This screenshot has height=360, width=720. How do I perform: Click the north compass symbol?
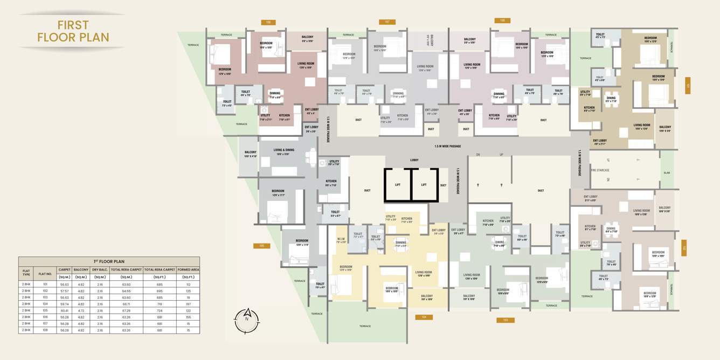pos(247,321)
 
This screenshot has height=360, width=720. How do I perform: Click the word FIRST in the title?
pos(73,25)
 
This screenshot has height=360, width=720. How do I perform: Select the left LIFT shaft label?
pos(398,185)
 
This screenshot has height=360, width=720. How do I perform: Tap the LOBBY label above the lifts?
pos(414,160)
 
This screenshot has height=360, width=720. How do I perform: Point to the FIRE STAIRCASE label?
pos(600,170)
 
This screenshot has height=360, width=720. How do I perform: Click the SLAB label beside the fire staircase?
pos(667,173)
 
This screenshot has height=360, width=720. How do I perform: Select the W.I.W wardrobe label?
pos(341,240)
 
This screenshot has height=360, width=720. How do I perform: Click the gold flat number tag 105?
pos(261,246)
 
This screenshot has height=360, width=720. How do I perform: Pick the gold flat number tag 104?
pos(424,317)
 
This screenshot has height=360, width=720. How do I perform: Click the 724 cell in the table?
pos(160,310)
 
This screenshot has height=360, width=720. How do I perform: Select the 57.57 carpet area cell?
pos(65,290)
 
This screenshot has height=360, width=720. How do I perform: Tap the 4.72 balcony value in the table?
pos(81,310)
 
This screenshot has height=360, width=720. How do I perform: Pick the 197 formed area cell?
pos(188,304)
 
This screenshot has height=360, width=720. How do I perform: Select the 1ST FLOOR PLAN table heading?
pos(109,261)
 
